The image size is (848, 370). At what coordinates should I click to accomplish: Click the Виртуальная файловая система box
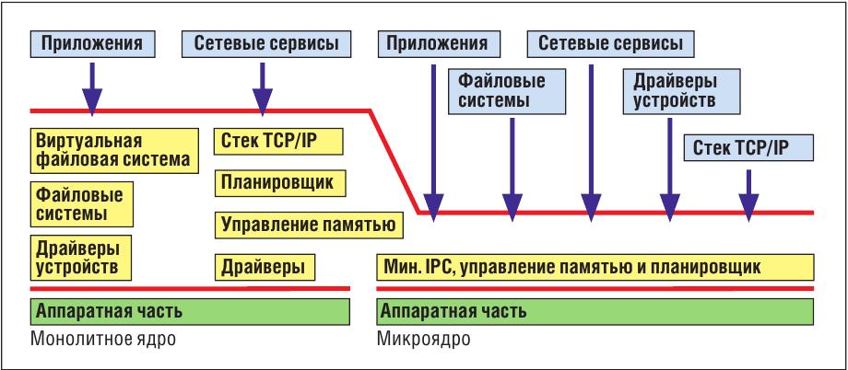(x=113, y=150)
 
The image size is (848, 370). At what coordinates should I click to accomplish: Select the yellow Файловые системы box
(x=82, y=203)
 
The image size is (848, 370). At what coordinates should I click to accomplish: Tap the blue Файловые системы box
(x=506, y=91)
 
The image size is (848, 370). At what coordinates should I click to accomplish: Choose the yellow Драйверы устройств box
(x=82, y=257)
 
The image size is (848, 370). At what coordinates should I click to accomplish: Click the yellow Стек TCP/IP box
(x=279, y=141)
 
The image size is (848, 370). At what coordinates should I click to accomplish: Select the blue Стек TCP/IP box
(x=748, y=147)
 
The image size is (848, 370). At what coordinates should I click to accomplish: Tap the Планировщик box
(x=280, y=182)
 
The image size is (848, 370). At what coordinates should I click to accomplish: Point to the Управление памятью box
(x=309, y=225)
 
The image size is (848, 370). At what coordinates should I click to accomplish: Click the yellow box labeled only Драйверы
(x=265, y=267)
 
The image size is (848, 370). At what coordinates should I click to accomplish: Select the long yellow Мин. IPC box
(x=595, y=267)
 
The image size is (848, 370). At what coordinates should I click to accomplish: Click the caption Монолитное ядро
(x=103, y=340)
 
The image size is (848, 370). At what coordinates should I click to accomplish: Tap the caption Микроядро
(x=423, y=340)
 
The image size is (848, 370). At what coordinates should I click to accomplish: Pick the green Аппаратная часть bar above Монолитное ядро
(x=190, y=311)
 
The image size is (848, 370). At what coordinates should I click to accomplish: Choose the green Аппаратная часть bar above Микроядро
(x=595, y=311)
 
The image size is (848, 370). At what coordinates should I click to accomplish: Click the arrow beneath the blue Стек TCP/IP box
(x=748, y=195)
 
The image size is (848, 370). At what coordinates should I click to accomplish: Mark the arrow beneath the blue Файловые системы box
(x=512, y=169)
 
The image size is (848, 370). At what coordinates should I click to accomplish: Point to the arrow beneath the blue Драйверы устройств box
(x=669, y=169)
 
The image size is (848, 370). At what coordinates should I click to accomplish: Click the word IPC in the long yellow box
(x=433, y=267)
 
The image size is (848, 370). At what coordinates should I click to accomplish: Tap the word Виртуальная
(x=89, y=142)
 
